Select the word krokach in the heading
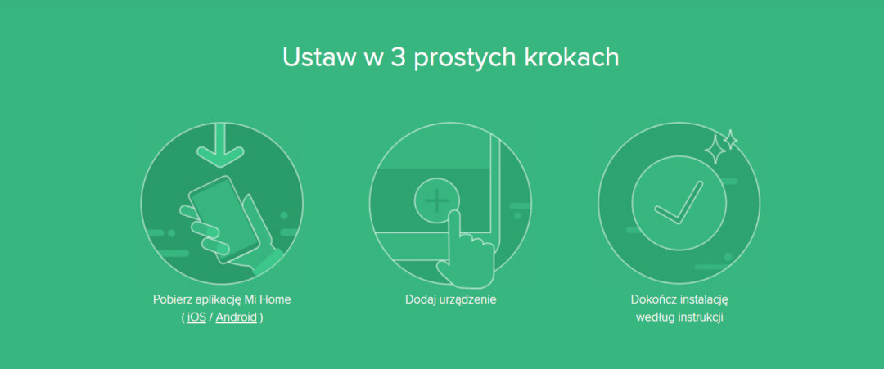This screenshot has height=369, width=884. point(572,57)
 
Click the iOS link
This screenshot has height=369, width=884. point(196,317)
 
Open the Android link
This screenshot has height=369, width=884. point(237,317)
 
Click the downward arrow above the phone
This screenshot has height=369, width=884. point(220,145)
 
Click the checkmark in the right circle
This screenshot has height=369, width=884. point(679,203)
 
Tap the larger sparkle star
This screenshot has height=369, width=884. point(715,149)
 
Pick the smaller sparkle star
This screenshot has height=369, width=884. point(731,140)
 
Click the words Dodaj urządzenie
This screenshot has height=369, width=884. point(450,299)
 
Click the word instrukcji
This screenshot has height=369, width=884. point(699,317)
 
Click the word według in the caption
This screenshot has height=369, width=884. point(653,317)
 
